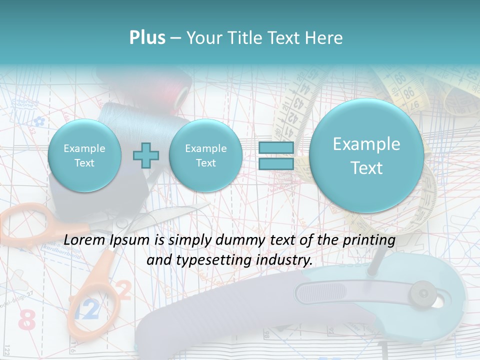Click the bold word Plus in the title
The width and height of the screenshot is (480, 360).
[x=147, y=38]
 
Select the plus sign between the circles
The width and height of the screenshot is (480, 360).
[x=145, y=155]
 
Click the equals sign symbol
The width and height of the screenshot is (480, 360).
[x=275, y=155]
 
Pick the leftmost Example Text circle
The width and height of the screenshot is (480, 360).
[x=84, y=155]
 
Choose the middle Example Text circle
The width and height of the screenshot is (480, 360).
[x=205, y=155]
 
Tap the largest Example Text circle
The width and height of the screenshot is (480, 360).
[x=366, y=155]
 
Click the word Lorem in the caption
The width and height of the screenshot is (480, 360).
[x=85, y=240]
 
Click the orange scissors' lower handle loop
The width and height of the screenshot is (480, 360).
[x=95, y=300]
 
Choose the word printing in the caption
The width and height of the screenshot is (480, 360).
[x=370, y=240]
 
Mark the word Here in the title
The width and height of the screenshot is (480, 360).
[x=325, y=38]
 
